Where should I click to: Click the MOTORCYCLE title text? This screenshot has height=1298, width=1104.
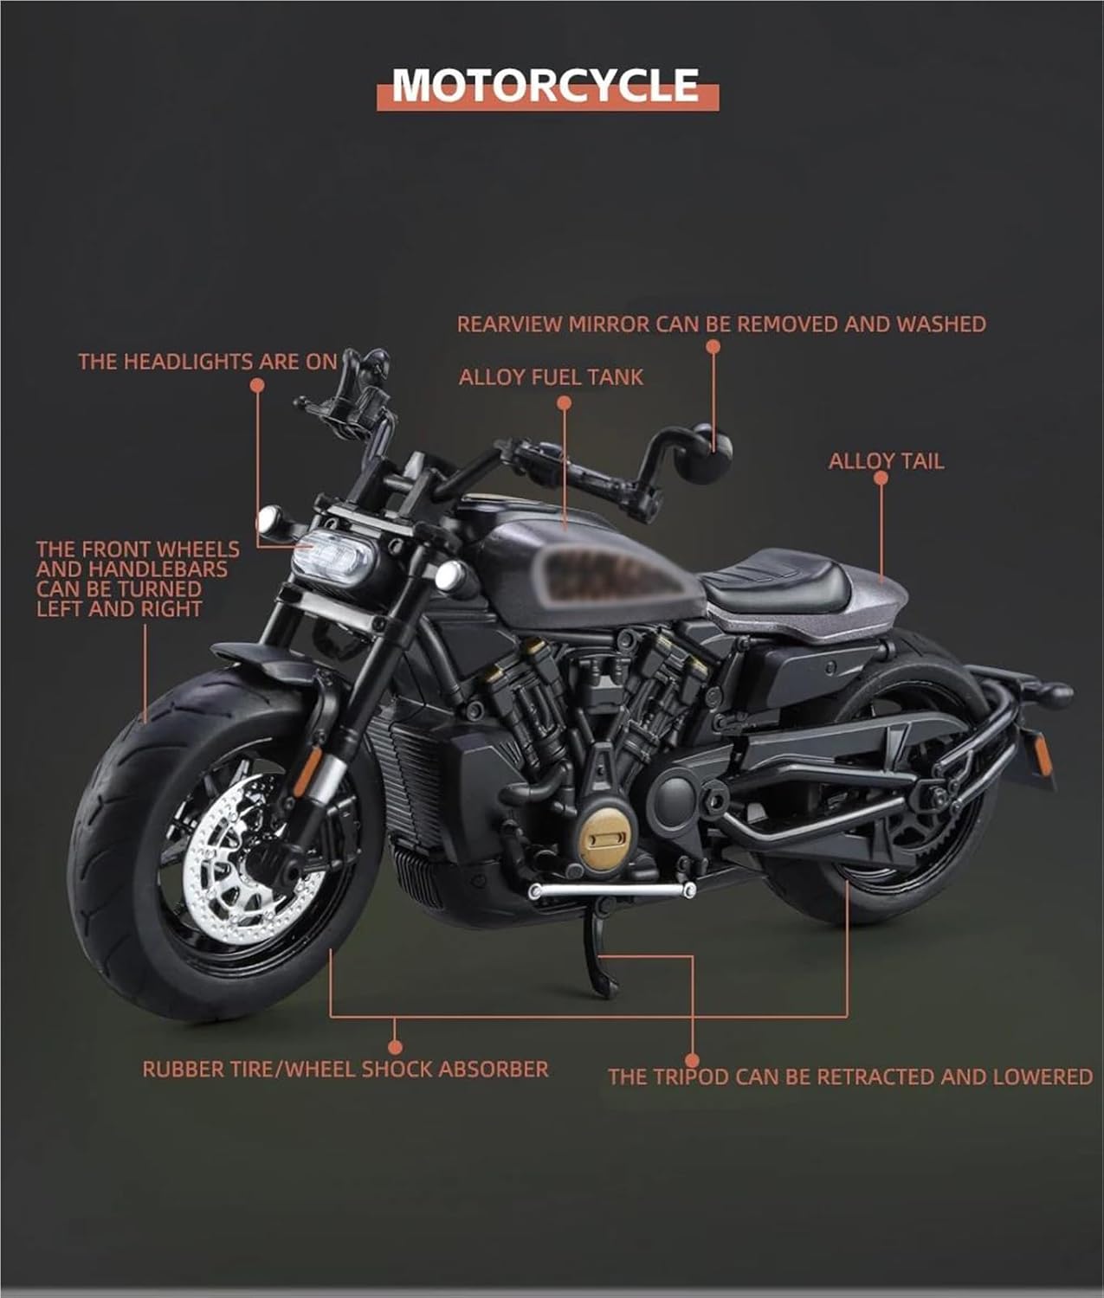click(546, 85)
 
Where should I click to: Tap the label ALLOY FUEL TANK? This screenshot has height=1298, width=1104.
click(551, 377)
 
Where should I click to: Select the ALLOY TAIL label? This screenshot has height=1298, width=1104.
click(886, 461)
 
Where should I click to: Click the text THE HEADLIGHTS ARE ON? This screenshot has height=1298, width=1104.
click(208, 362)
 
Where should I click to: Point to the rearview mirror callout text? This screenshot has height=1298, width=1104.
click(721, 324)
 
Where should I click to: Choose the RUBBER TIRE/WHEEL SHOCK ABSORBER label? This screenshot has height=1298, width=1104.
click(345, 1069)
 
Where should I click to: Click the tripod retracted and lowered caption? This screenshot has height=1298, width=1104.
click(850, 1076)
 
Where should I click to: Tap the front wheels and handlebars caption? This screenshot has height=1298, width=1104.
click(138, 579)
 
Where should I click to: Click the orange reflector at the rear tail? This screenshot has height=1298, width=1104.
click(1043, 755)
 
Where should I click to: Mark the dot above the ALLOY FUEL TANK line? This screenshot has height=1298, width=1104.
click(565, 402)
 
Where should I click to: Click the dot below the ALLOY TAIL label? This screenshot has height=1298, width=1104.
click(881, 478)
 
